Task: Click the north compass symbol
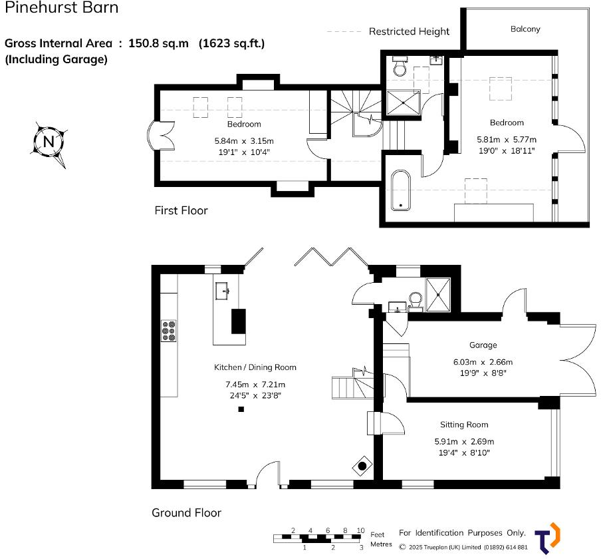coord(49,142)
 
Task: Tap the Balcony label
coord(525,29)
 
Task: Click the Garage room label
coord(483,345)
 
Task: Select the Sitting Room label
coord(463,425)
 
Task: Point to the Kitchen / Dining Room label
coord(255,367)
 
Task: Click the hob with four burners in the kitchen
coord(169,331)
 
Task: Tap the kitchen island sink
coord(223,290)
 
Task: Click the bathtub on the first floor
coord(400,190)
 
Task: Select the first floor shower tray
coord(403,102)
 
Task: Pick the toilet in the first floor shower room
coord(400,67)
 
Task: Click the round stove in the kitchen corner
coord(362,466)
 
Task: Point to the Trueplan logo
coord(547,538)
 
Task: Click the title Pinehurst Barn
coord(62,9)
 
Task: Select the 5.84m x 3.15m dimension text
coord(244,141)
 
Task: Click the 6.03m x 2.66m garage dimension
coord(483,362)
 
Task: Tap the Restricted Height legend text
coord(409,31)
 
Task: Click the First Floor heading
coord(181,210)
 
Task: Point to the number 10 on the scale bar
coord(360,530)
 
